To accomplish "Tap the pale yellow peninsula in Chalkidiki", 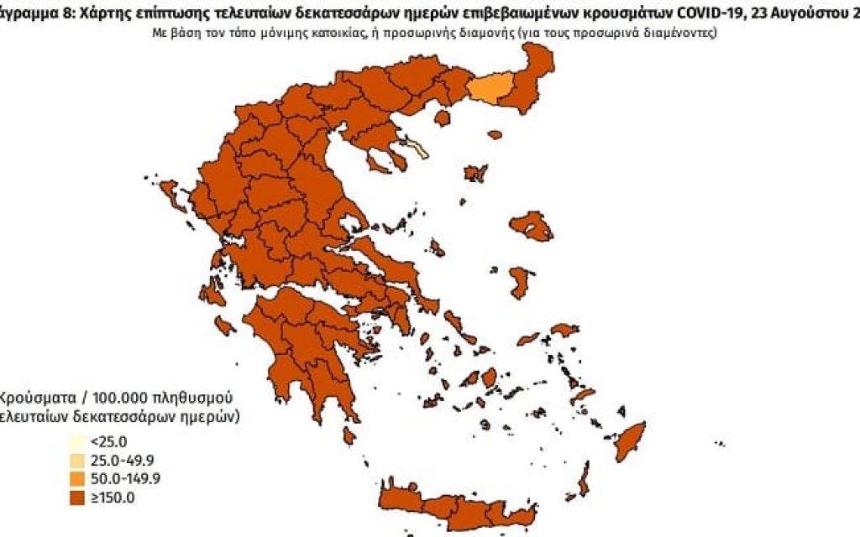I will click(417, 149).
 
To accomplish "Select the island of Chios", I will click(521, 280).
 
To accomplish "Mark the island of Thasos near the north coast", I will click(494, 134).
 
